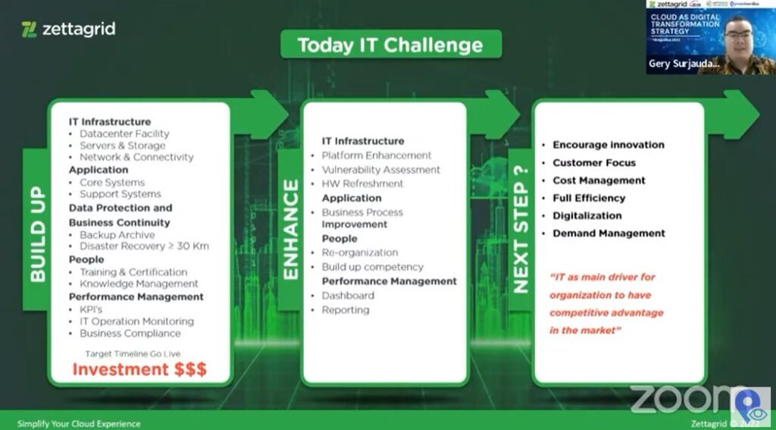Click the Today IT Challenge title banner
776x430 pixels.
tap(391, 45)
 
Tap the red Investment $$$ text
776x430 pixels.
tap(139, 369)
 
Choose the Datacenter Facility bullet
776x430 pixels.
tap(124, 133)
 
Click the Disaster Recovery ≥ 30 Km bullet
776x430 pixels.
tap(144, 246)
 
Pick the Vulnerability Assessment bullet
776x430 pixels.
tap(380, 170)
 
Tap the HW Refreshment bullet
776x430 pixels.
tap(362, 184)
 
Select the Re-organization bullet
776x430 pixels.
tap(359, 253)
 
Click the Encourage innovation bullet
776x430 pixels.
tap(608, 145)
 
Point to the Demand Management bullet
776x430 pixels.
tap(609, 233)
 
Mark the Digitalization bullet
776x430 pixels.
tap(587, 215)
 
